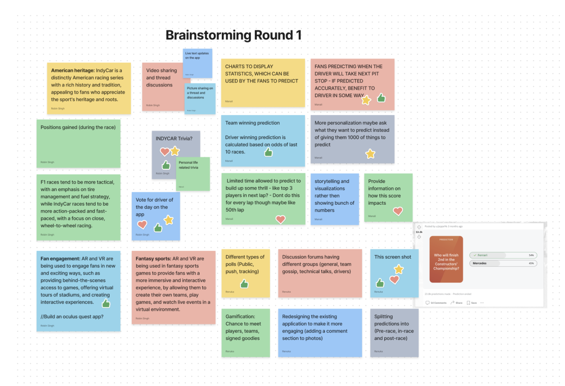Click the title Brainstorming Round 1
(233, 35)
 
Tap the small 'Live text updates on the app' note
(197, 63)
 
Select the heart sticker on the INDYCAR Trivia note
(165, 151)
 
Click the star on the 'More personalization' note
(370, 154)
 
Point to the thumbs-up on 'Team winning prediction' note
(269, 152)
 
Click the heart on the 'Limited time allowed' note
(280, 219)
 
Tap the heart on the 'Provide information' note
(398, 211)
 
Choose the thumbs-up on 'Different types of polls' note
(244, 284)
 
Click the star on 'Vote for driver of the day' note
(168, 220)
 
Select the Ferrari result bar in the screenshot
(503, 255)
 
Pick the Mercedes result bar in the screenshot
(503, 263)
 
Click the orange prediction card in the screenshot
(446, 259)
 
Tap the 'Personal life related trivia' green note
(193, 174)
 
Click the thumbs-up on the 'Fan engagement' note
(106, 303)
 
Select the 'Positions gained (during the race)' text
(78, 128)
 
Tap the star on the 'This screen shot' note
(399, 269)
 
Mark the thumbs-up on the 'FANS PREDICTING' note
(381, 98)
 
